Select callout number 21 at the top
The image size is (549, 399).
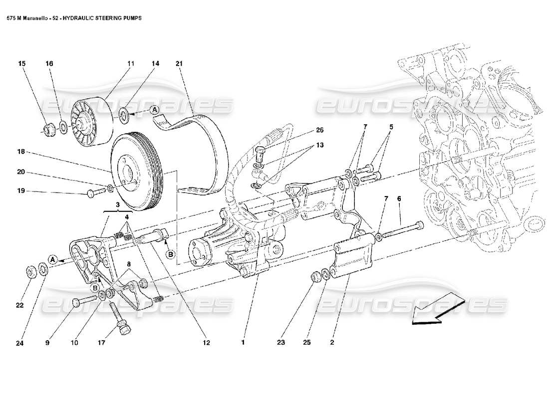179,64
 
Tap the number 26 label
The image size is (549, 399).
319,130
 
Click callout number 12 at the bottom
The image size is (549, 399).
206,343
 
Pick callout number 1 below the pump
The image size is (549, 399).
243,343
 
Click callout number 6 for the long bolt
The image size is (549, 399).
399,199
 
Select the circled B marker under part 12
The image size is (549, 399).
170,254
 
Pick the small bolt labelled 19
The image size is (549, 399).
93,193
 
